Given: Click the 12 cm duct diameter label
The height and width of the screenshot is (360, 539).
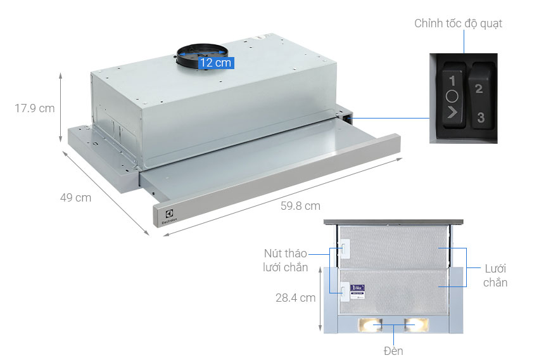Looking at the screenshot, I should (x=216, y=63).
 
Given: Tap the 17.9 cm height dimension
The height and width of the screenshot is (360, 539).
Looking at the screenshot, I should (x=35, y=108).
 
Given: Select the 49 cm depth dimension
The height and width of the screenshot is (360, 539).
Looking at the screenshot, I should (x=75, y=198).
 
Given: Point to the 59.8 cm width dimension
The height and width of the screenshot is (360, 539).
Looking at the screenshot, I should (x=300, y=205).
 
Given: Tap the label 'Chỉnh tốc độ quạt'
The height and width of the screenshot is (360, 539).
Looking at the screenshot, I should (x=459, y=23).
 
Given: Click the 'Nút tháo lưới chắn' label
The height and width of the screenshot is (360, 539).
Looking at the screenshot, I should (x=286, y=260).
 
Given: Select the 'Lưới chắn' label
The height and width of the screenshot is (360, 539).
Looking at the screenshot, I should (x=495, y=275).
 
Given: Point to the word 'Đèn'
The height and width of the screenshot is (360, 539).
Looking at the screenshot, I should (x=393, y=350).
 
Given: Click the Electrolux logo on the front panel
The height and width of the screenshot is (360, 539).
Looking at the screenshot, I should (x=166, y=216).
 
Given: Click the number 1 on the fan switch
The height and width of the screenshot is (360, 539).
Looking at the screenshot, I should (x=452, y=81).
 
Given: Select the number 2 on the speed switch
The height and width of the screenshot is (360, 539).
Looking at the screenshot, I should (x=479, y=89).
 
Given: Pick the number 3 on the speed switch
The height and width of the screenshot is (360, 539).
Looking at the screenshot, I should (x=481, y=117).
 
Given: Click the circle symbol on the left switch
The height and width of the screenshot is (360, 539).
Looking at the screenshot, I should (x=451, y=98).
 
